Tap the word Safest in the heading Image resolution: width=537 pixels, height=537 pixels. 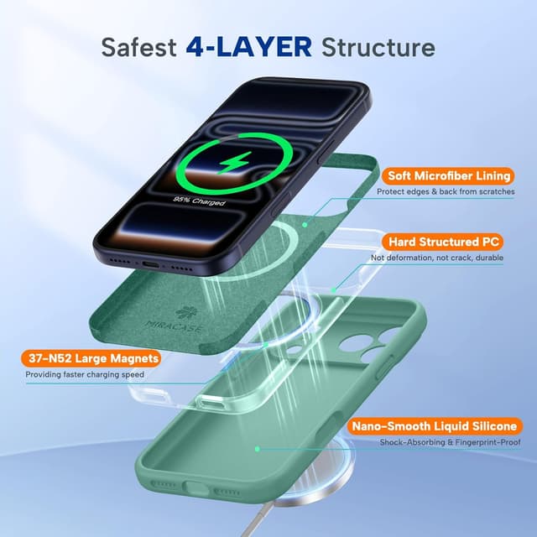[138, 45]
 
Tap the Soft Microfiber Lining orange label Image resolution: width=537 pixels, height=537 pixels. [447, 176]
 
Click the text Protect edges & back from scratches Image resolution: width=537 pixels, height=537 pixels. [444, 192]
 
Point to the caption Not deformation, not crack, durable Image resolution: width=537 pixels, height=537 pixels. [437, 258]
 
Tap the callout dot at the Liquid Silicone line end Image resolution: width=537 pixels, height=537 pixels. [257, 449]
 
